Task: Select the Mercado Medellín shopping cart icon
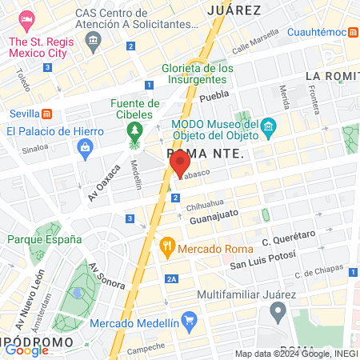point(190,323)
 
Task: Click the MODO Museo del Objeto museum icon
point(269,126)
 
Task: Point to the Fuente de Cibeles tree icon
point(134,129)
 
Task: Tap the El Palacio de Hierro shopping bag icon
point(85,146)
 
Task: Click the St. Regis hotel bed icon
point(27,18)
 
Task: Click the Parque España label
point(44,238)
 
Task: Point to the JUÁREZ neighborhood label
point(234,10)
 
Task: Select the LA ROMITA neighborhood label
point(332,76)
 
